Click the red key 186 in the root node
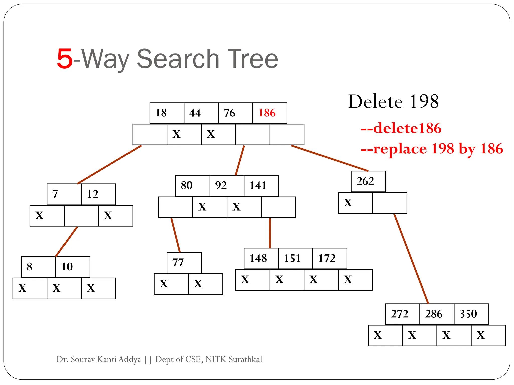[267, 113]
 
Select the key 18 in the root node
[161, 113]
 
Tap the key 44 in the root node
[195, 113]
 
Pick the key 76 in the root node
[230, 113]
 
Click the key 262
[365, 181]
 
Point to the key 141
[258, 185]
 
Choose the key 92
[221, 185]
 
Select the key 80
[187, 185]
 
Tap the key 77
[178, 262]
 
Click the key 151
[292, 258]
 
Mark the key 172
[327, 258]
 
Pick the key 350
[468, 314]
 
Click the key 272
[400, 314]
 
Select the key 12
[93, 194]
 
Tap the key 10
[67, 267]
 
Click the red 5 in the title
[65, 59]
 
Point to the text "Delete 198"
[394, 102]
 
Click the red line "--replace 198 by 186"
[432, 149]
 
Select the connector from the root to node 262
[330, 158]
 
